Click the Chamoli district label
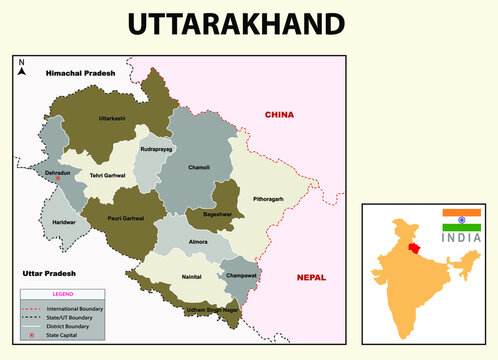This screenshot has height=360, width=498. tap(198, 167)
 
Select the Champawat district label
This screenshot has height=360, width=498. tap(243, 275)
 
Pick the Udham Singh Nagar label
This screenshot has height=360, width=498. tap(212, 311)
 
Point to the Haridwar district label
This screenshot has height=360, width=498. tap(64, 221)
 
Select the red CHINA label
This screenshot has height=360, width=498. tap(279, 115)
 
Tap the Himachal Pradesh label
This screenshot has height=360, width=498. tap(80, 73)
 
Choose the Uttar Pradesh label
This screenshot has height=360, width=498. tap(48, 272)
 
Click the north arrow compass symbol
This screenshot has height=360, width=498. tap(21, 69)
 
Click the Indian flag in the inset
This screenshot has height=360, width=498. tap(462, 220)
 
